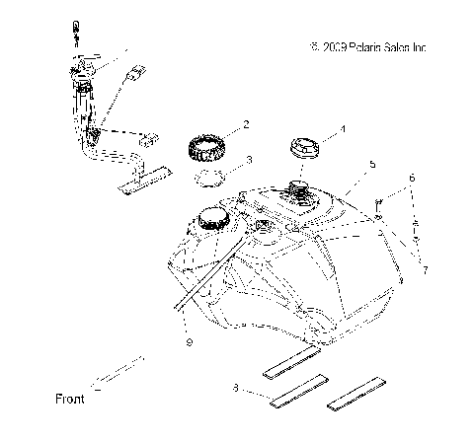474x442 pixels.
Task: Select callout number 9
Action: click(189, 342)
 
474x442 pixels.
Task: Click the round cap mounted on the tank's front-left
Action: click(213, 219)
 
